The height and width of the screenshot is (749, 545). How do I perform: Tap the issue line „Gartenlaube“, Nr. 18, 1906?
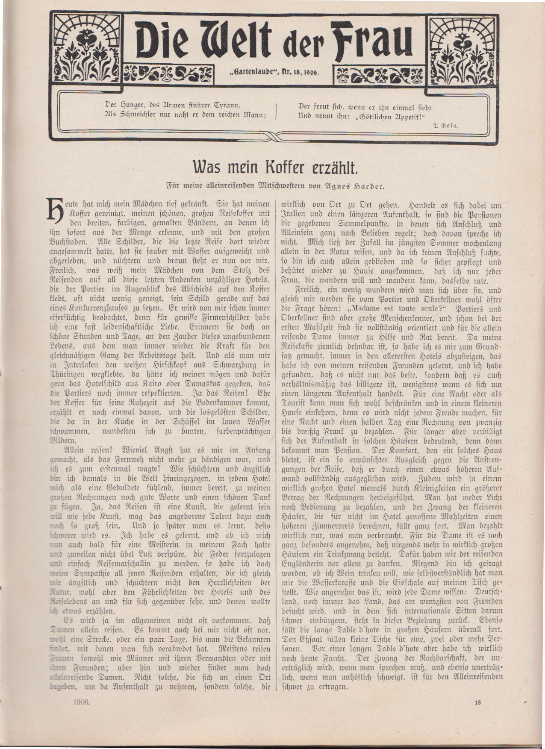[x=276, y=73]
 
